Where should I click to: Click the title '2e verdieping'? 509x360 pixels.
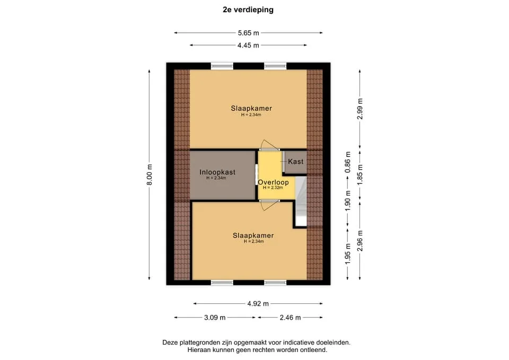click(248, 10)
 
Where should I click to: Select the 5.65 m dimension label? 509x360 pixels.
click(248, 33)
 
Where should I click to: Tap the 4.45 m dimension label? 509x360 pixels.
click(248, 46)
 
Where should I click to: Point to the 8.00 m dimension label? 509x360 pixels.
click(150, 174)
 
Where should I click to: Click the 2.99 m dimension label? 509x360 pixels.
click(359, 109)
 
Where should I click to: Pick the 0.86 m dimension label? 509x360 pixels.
click(348, 162)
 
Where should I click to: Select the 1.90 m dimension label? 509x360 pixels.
click(348, 200)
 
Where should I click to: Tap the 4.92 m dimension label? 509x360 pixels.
click(258, 304)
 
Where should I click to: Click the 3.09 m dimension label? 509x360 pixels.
click(215, 318)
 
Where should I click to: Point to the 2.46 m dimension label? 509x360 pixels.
click(290, 318)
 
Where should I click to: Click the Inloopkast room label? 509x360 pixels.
click(217, 172)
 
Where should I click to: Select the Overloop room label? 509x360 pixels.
click(274, 182)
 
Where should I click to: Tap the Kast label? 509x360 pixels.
click(295, 161)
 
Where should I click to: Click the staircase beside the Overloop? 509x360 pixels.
click(301, 201)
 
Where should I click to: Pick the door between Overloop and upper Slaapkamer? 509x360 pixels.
click(269, 145)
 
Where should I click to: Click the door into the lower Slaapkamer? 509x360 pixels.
click(269, 205)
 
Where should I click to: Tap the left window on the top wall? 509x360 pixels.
click(222, 66)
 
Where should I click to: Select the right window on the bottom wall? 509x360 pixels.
click(275, 283)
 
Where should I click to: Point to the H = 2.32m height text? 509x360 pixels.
click(273, 188)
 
